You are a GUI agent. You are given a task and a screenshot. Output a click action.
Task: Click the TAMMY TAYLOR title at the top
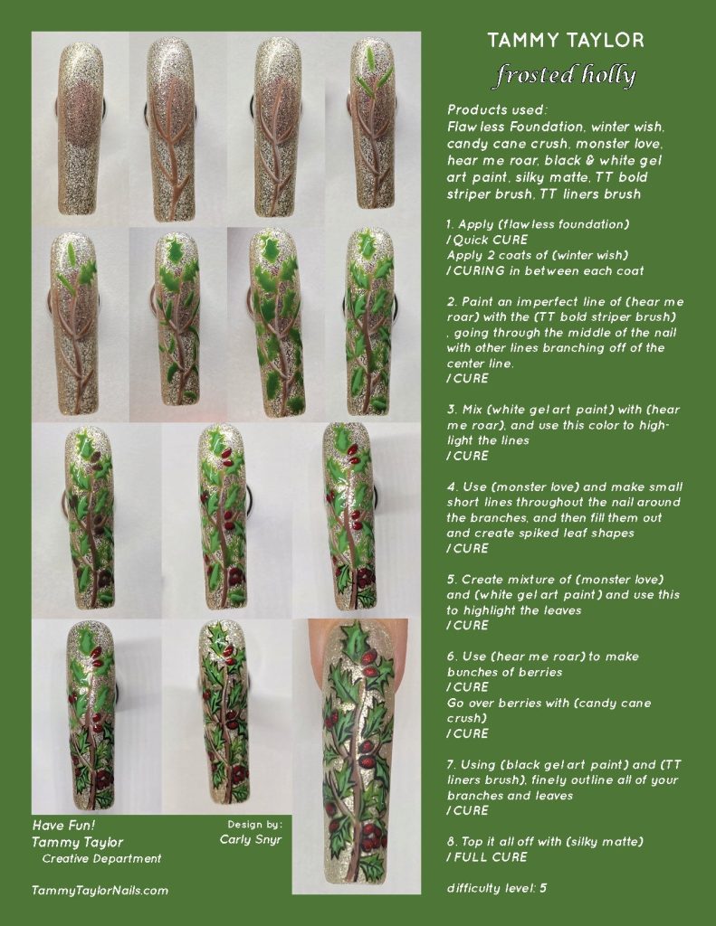tap(566, 41)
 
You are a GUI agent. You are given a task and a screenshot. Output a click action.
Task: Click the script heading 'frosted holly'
tap(565, 75)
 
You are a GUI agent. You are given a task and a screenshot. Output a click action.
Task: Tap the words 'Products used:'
tap(492, 109)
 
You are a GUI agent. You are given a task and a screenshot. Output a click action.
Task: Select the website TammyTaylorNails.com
tap(100, 890)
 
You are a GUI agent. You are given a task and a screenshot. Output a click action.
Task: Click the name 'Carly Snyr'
tap(252, 839)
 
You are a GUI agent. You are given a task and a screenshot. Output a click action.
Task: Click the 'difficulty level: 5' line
tap(496, 888)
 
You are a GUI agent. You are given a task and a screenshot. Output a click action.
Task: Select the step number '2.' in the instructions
tap(452, 301)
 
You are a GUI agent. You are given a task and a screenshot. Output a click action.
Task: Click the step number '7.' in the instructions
tap(452, 764)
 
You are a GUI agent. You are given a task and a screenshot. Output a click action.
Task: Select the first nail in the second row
tap(74, 323)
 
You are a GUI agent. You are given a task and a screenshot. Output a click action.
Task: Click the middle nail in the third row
tap(222, 517)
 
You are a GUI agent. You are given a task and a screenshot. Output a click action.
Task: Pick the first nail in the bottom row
tap(91, 714)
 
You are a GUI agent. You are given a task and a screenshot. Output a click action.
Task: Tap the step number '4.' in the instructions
tap(452, 487)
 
